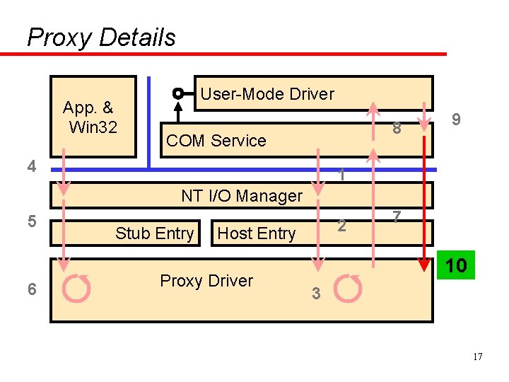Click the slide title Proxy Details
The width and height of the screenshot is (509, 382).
click(x=101, y=37)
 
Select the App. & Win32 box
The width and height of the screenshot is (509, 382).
click(x=93, y=117)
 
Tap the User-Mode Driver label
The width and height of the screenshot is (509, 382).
click(x=267, y=94)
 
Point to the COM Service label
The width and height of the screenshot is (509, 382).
click(x=216, y=141)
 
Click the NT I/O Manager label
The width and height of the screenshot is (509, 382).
click(x=242, y=196)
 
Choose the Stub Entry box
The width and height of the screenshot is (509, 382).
click(x=155, y=233)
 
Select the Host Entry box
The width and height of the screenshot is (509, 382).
click(x=257, y=233)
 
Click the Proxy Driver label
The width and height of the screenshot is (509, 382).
click(x=206, y=281)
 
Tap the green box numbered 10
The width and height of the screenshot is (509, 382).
click(x=456, y=266)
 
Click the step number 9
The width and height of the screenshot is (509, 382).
click(x=457, y=120)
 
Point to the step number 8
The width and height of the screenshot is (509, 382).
click(x=397, y=129)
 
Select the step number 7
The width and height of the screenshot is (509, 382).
click(x=397, y=216)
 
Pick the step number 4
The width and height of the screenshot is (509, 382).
click(x=31, y=167)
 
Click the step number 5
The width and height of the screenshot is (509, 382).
click(x=31, y=221)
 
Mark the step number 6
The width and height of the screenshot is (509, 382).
click(x=31, y=289)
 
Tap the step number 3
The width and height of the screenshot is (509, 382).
click(x=317, y=294)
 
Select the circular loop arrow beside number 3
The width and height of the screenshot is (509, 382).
click(x=348, y=288)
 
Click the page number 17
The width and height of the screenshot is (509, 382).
click(x=478, y=357)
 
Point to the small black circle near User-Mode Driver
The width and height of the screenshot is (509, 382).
click(x=179, y=93)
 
